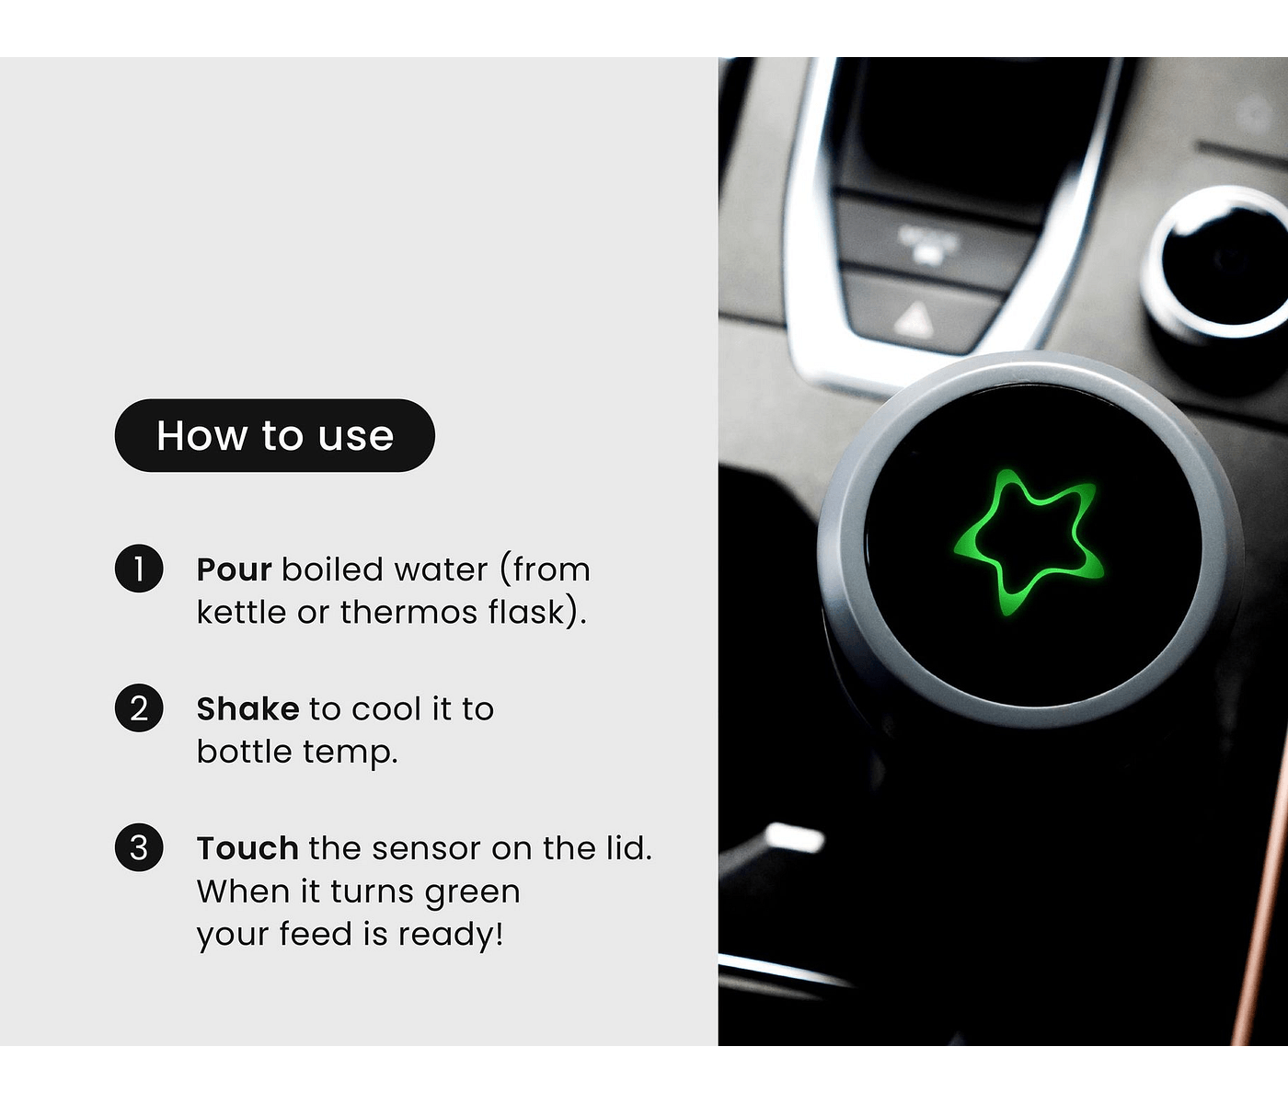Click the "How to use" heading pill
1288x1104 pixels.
[x=275, y=435]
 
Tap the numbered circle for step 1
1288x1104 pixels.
[x=139, y=569]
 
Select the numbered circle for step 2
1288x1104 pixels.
[x=139, y=707]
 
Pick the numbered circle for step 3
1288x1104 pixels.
[x=139, y=847]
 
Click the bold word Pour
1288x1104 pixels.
[x=235, y=569]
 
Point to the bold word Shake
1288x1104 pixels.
[x=248, y=709]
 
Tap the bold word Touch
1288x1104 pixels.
[x=248, y=848]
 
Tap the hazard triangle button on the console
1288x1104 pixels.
[x=914, y=319]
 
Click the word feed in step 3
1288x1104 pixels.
[x=316, y=934]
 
